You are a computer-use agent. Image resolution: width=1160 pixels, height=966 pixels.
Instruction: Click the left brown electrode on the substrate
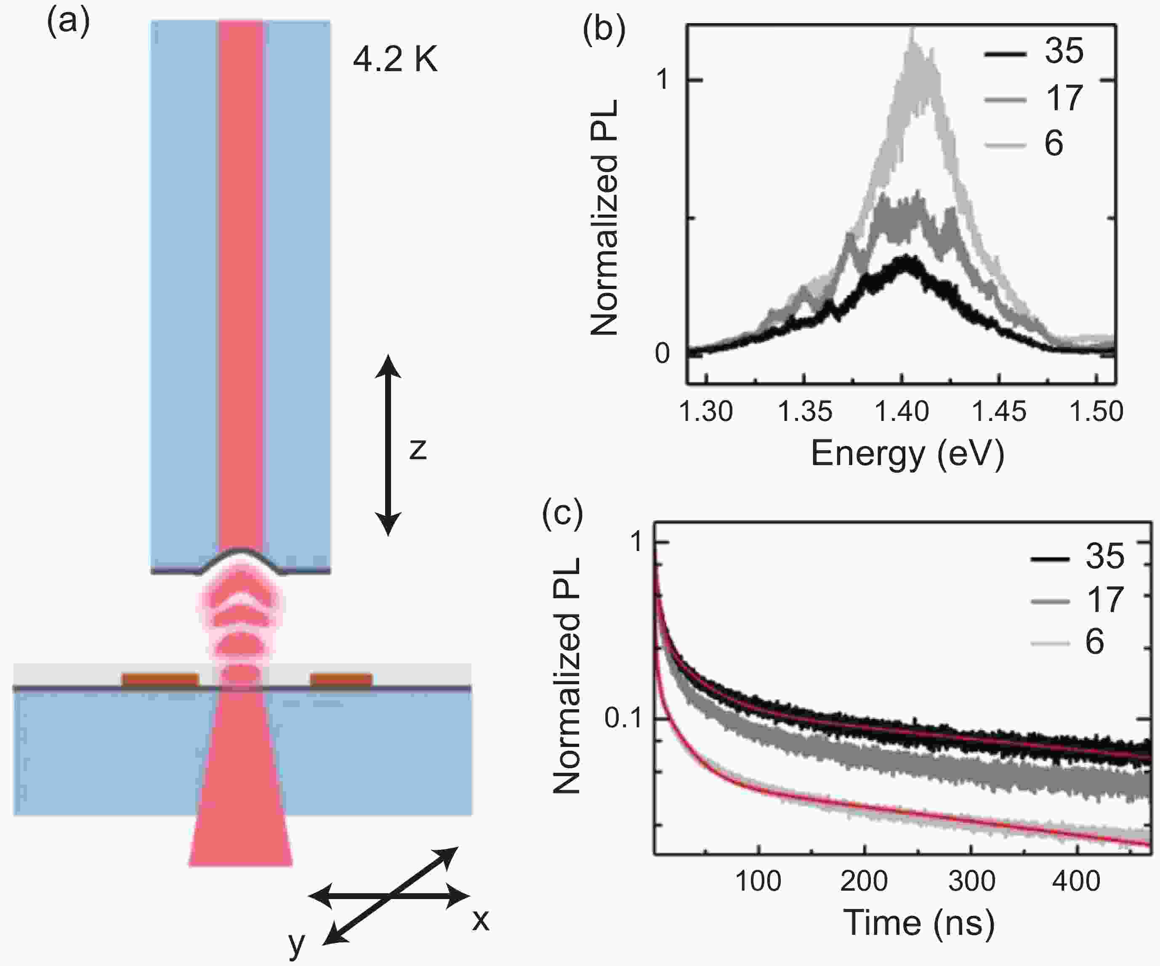coord(160,680)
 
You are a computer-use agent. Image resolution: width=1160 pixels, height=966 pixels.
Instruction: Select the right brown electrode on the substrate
coord(341,680)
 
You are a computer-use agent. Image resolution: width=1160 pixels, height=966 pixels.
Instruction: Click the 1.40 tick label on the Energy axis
coord(902,412)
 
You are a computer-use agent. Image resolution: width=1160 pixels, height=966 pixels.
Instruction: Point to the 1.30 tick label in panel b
coord(705,412)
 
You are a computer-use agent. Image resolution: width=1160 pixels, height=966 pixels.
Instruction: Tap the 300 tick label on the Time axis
coord(971,881)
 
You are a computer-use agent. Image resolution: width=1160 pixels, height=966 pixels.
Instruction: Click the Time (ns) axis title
coord(918,922)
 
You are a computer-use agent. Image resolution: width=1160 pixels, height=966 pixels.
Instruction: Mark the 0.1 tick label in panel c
coord(624,718)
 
